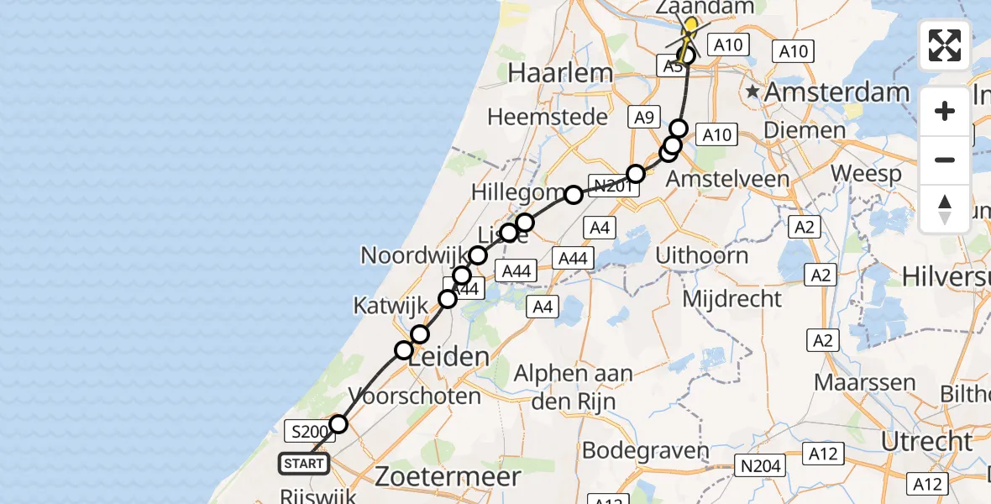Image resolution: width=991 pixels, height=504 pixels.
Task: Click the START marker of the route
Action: click(304, 463)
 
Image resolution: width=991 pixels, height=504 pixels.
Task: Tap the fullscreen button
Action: click(945, 45)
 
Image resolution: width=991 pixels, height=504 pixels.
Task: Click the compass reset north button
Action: click(945, 209)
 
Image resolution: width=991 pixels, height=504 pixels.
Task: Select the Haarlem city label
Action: click(560, 73)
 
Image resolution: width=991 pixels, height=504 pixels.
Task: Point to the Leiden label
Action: click(450, 356)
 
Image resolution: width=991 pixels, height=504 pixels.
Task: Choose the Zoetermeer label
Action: click(448, 476)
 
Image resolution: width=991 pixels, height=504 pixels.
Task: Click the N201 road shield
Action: click(611, 186)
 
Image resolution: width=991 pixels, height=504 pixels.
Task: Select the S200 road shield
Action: click(307, 433)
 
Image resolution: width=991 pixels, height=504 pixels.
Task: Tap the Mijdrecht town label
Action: click(732, 298)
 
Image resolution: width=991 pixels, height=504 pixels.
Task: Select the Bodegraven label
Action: click(645, 450)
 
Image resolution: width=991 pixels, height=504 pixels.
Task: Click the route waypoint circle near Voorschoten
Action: click(338, 424)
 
